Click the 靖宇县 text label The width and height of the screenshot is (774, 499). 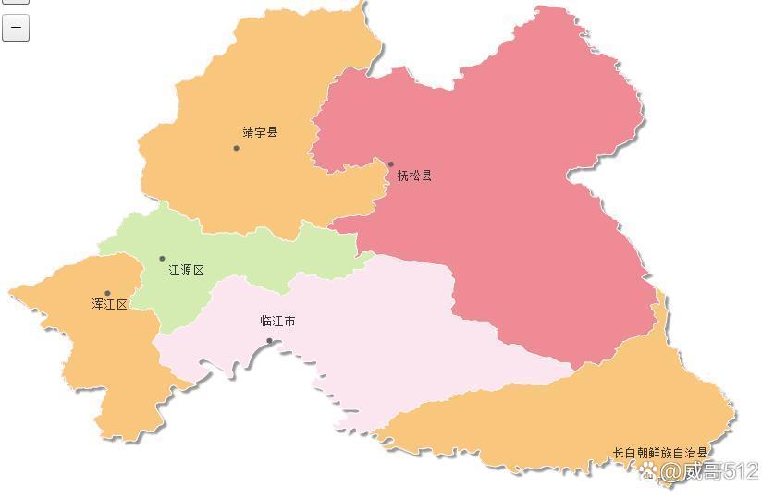260,132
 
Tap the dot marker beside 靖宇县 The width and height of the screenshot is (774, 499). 236,148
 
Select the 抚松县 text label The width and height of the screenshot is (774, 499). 414,176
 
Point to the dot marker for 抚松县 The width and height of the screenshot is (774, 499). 390,164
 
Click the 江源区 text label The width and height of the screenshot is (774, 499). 186,271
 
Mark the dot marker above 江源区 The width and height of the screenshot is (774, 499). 162,259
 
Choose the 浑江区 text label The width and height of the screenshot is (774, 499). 109,304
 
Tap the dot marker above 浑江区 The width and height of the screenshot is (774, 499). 107,293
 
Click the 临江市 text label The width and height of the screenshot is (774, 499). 277,322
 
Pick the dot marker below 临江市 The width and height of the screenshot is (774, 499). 269,341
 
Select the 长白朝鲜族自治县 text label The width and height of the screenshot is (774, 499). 659,453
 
